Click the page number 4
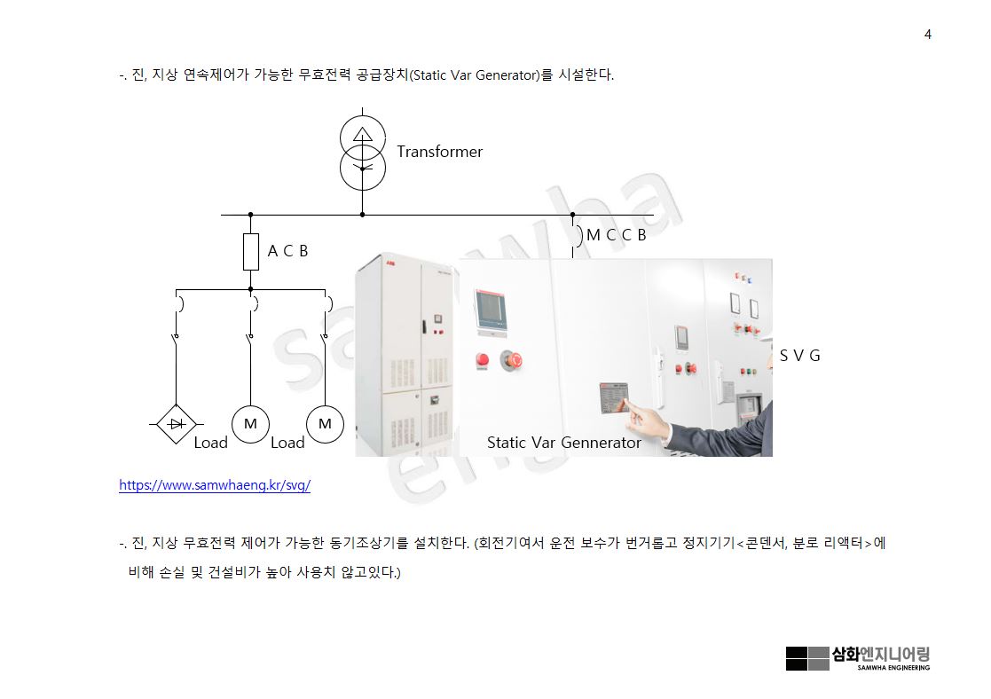coord(927,35)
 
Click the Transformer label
coord(439,152)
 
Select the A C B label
coord(288,251)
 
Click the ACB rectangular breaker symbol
coord(251,252)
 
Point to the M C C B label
coord(616,235)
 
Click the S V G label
coord(799,356)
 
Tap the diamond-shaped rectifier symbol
coord(176,424)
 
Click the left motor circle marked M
coord(250,424)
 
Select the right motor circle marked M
coord(325,424)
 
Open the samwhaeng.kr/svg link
coord(215,486)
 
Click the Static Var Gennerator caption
coord(563,442)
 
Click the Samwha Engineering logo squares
coord(807,658)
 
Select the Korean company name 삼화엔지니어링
coord(880,655)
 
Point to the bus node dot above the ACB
coord(251,215)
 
